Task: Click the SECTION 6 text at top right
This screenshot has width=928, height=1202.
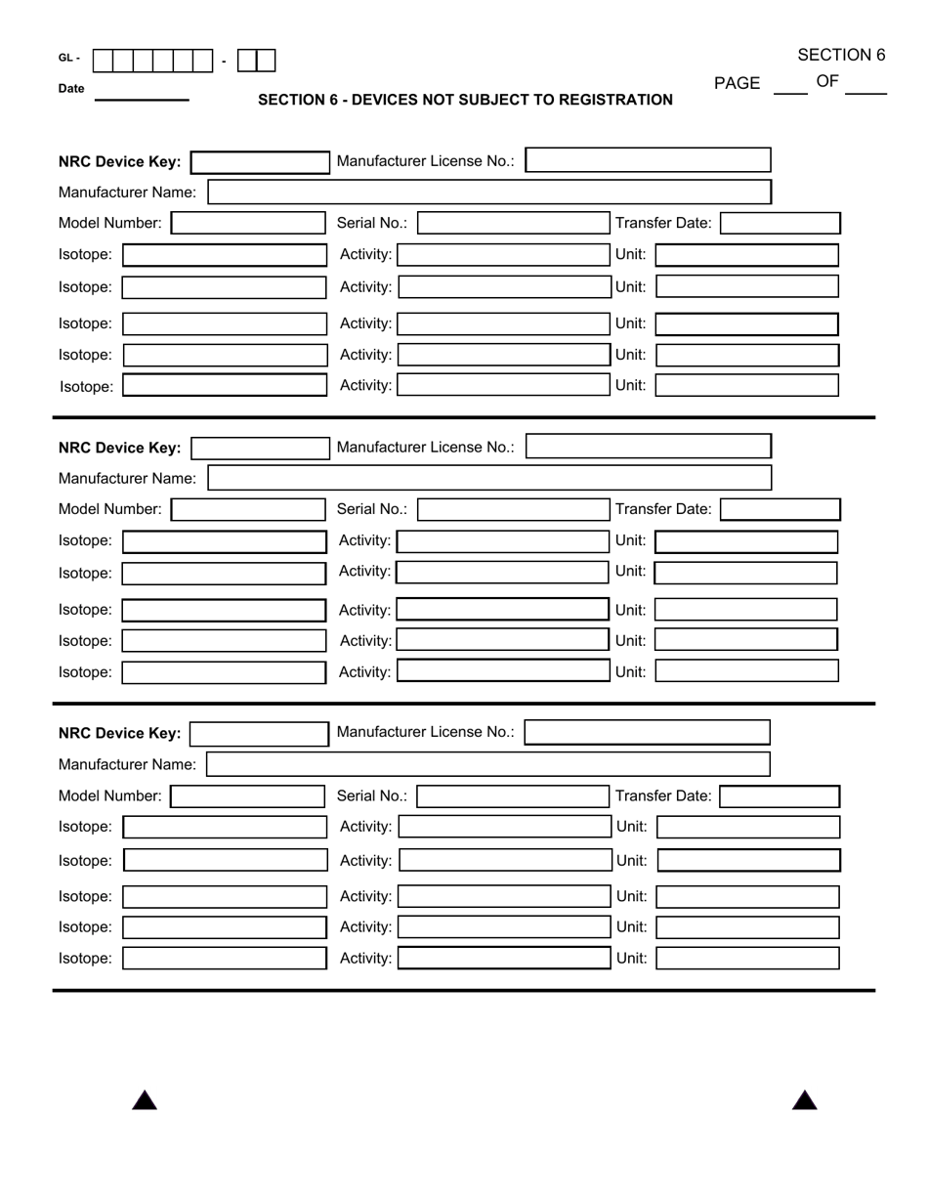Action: [x=840, y=55]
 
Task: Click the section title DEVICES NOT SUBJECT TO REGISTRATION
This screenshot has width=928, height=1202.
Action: [x=465, y=100]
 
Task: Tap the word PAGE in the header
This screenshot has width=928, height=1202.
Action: [x=737, y=83]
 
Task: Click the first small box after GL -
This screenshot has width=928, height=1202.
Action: [x=103, y=61]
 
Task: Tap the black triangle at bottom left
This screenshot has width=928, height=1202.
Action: [x=145, y=1100]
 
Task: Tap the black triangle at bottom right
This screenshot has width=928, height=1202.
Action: [x=804, y=1100]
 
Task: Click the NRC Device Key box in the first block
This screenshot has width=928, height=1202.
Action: [x=261, y=162]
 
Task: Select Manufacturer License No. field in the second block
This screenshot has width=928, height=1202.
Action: [x=648, y=448]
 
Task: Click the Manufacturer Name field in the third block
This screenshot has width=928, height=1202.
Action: [x=488, y=764]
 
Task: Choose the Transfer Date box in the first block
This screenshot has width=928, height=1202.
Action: [x=780, y=223]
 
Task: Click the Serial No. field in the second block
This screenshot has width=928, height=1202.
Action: [x=513, y=509]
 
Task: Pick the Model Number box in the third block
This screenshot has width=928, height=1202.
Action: [x=247, y=796]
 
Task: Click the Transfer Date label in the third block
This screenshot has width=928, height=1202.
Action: [x=663, y=795]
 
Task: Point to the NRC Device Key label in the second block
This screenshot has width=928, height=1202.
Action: [x=119, y=448]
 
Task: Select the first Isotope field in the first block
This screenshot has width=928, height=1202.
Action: [x=224, y=255]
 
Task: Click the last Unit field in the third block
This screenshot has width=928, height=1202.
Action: [x=747, y=958]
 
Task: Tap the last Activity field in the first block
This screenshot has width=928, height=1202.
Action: [x=503, y=385]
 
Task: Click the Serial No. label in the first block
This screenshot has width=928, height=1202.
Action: [x=371, y=223]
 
